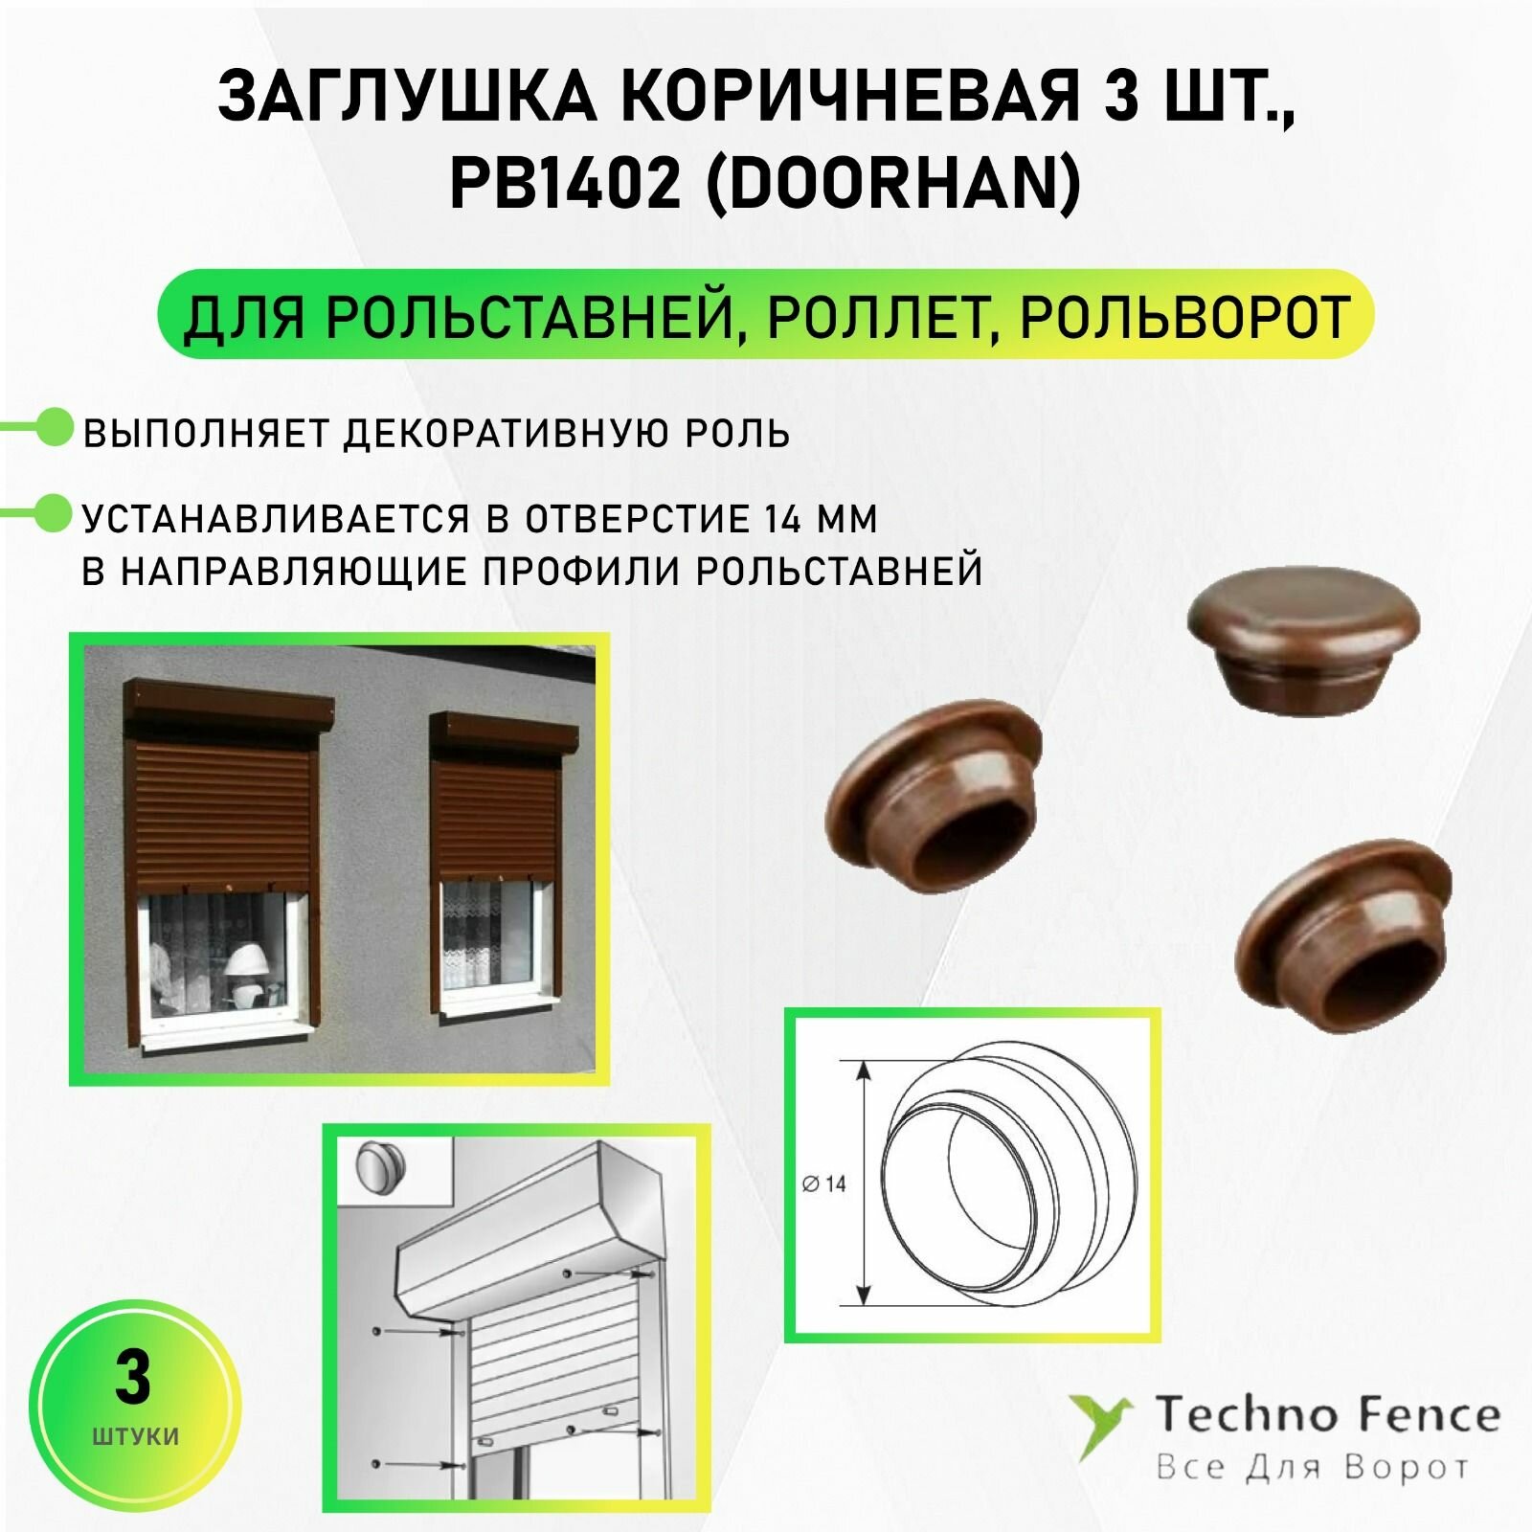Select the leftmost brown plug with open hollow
[x=934, y=795]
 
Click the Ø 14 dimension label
[x=824, y=1184]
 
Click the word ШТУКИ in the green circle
[x=135, y=1436]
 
